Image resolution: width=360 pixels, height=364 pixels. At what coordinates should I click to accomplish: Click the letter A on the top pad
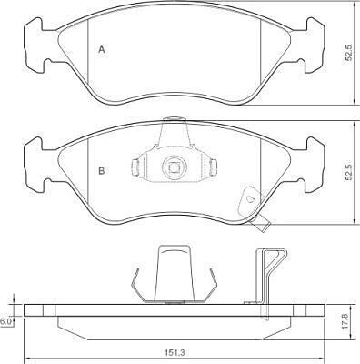pos(102,49)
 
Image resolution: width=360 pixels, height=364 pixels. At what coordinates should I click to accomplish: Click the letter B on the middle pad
pos(102,171)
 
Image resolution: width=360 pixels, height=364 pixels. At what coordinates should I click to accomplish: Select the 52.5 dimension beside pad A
pos(349,52)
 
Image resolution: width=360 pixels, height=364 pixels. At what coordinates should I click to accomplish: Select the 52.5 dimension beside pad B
pos(349,172)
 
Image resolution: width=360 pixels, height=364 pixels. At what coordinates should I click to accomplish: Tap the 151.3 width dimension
pos(174,353)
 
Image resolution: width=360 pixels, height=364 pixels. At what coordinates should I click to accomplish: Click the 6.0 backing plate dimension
pos(5,322)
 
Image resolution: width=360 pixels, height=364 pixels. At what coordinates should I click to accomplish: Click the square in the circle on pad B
pos(174,167)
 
